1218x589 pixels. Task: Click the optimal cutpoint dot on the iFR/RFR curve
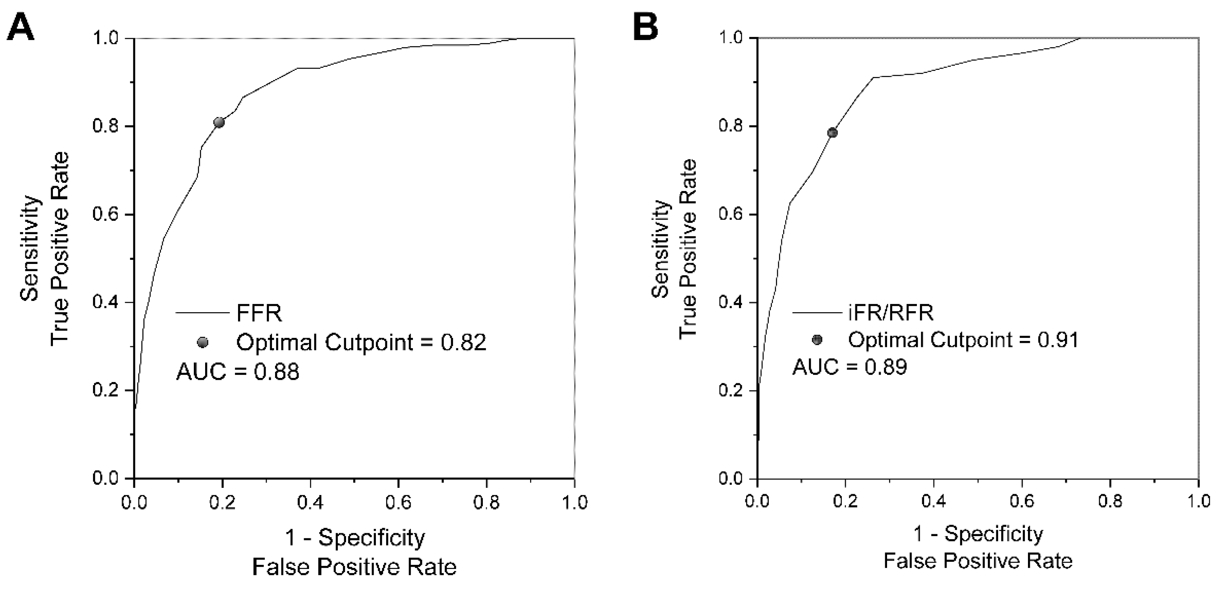pyautogui.click(x=832, y=133)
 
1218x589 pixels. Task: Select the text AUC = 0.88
pyautogui.click(x=238, y=372)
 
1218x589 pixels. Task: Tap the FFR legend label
pyautogui.click(x=259, y=313)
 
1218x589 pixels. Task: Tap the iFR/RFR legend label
pyautogui.click(x=891, y=313)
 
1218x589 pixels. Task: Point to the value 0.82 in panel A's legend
pyautogui.click(x=464, y=342)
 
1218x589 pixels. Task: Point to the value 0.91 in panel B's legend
pyautogui.click(x=1058, y=340)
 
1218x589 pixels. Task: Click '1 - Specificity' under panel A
pyautogui.click(x=355, y=538)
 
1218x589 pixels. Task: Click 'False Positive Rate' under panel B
pyautogui.click(x=978, y=561)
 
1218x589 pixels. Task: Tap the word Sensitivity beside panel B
pyautogui.click(x=660, y=249)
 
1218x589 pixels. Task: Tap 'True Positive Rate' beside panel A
pyautogui.click(x=60, y=249)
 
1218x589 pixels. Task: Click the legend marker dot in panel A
pyautogui.click(x=202, y=342)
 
